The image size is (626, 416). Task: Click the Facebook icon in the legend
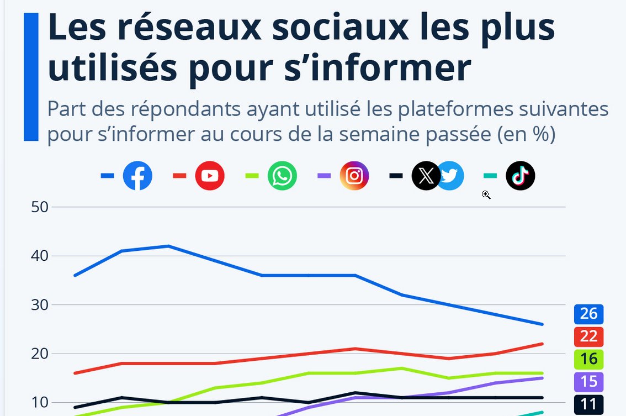click(x=137, y=176)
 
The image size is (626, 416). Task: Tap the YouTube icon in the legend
click(x=210, y=176)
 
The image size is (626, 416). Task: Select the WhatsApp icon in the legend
click(x=282, y=176)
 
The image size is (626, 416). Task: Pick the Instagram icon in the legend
click(x=354, y=176)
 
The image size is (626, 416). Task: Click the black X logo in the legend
click(x=426, y=176)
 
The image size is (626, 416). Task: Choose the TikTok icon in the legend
click(x=520, y=176)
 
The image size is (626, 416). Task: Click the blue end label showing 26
click(x=588, y=314)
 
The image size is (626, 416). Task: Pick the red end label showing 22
click(x=588, y=336)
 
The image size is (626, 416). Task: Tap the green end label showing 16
click(x=588, y=359)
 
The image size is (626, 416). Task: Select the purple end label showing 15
click(x=588, y=382)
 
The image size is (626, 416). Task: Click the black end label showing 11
click(x=588, y=404)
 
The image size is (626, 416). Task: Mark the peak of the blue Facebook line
click(x=168, y=246)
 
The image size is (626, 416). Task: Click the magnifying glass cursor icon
click(x=486, y=194)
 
